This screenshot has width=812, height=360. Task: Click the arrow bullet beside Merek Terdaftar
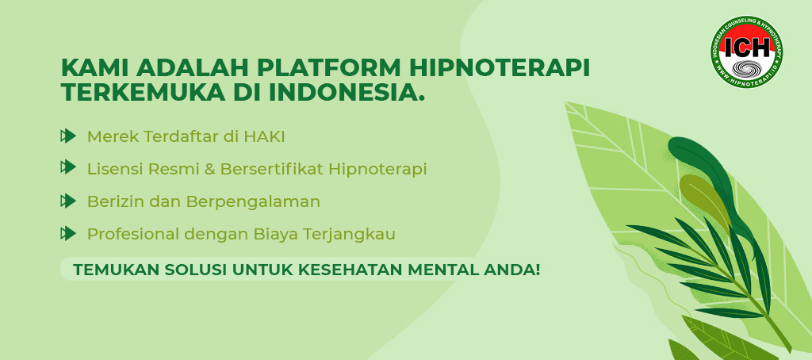[x=68, y=136]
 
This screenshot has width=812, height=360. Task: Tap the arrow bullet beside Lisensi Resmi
[x=68, y=167]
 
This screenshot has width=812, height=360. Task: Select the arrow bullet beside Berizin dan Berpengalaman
[x=68, y=201]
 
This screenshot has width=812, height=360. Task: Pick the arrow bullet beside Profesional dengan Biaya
[x=68, y=234]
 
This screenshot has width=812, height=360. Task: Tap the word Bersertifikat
[x=273, y=169]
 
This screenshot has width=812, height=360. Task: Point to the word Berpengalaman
[x=253, y=202]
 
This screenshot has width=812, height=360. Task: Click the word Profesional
[x=133, y=234]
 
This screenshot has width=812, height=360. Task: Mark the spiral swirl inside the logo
[x=747, y=68]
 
